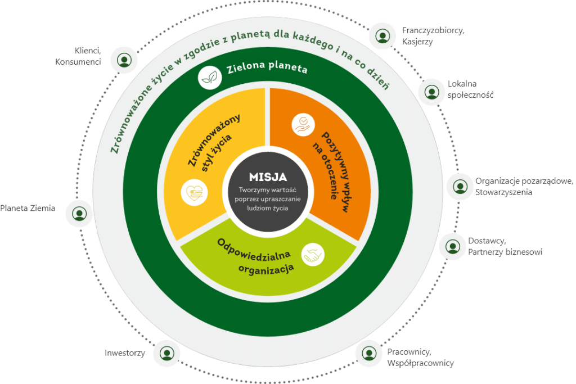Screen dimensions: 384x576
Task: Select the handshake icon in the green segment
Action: pyautogui.click(x=313, y=254)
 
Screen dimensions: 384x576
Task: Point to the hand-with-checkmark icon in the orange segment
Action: pyautogui.click(x=303, y=124)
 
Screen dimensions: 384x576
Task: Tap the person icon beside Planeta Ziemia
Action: pyautogui.click(x=79, y=214)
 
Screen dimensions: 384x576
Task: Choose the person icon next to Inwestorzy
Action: pyautogui.click(x=166, y=353)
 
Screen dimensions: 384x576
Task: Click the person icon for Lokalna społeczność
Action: pyautogui.click(x=431, y=91)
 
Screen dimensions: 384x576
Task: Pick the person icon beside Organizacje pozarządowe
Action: pyautogui.click(x=460, y=186)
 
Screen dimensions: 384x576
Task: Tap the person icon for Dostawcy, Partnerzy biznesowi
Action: pyautogui.click(x=452, y=246)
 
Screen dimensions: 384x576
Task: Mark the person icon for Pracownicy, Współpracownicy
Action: pyautogui.click(x=369, y=353)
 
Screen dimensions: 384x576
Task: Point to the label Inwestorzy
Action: pyautogui.click(x=125, y=353)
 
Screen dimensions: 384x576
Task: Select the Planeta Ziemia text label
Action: pyautogui.click(x=28, y=208)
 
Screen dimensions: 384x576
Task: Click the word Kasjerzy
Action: pyautogui.click(x=417, y=42)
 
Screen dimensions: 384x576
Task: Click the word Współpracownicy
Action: pyautogui.click(x=420, y=363)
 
